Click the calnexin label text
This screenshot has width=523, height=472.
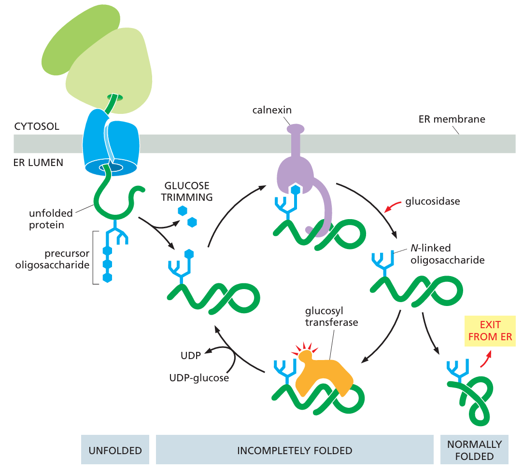[271, 110]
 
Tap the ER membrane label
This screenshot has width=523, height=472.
[452, 119]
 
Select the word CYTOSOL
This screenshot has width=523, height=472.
[36, 127]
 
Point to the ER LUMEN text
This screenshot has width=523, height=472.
[38, 163]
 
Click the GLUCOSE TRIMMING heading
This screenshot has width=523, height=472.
[187, 191]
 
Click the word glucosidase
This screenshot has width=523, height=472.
[433, 201]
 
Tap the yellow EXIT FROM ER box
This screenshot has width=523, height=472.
[490, 331]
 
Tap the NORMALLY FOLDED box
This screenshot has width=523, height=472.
[474, 450]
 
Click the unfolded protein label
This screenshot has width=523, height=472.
[50, 219]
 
